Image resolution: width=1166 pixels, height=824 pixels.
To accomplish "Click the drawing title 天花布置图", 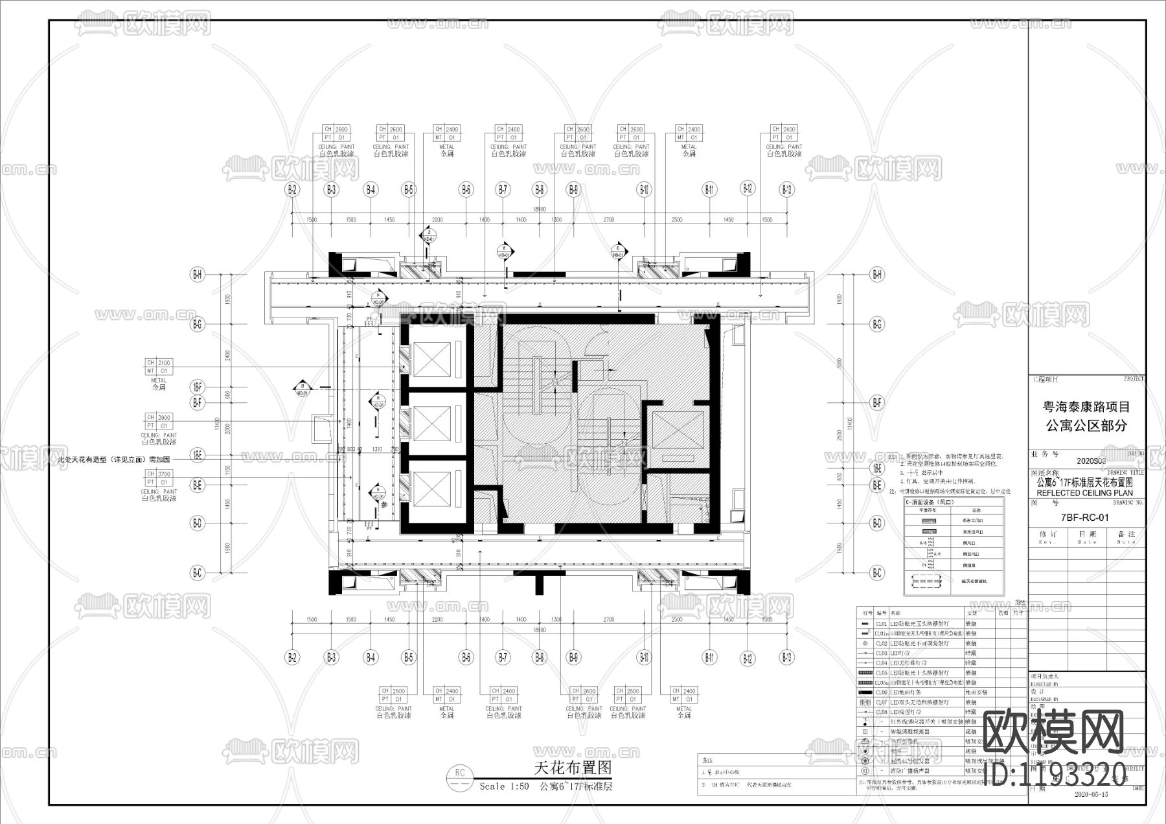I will pos(572,768).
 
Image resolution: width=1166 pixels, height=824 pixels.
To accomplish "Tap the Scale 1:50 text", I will pos(504,786).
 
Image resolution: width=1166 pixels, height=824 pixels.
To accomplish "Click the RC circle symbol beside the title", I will pos(460,773).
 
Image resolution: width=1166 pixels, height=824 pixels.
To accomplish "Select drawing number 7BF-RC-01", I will pos(1085,518).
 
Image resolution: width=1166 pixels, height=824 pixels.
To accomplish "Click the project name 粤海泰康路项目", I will pos(1086,407).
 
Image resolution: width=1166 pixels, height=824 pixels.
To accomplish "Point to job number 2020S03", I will pos(1091,461).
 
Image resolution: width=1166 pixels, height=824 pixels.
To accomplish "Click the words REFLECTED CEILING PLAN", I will pos(1085,493).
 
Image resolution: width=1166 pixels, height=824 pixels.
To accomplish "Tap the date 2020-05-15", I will pos(1091,794).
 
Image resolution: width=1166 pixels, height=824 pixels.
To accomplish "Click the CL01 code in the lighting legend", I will pos(881,624).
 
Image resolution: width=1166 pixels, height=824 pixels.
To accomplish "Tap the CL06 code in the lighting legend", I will pos(881,692).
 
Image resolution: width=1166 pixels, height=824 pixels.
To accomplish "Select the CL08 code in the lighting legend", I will pos(881,712).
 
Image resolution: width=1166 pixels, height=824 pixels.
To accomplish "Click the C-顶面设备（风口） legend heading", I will pos(929,502).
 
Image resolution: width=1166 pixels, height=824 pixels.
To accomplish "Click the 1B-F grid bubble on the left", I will pos(198,387).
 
